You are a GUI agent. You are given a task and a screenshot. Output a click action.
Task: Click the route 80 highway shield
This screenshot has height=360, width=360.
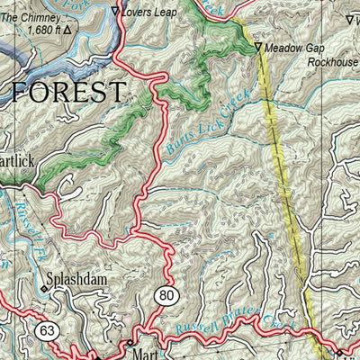(167, 296)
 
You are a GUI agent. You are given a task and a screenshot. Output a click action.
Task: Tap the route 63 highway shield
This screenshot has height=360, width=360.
(47, 332)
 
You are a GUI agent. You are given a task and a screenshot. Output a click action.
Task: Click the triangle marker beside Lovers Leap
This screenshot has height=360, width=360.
(114, 12)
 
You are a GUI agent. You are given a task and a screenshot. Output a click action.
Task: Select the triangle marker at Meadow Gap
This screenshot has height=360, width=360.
(258, 47)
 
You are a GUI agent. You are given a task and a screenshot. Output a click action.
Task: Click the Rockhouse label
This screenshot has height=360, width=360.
(332, 63)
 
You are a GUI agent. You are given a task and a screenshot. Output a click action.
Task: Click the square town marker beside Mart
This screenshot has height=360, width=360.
(129, 344)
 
